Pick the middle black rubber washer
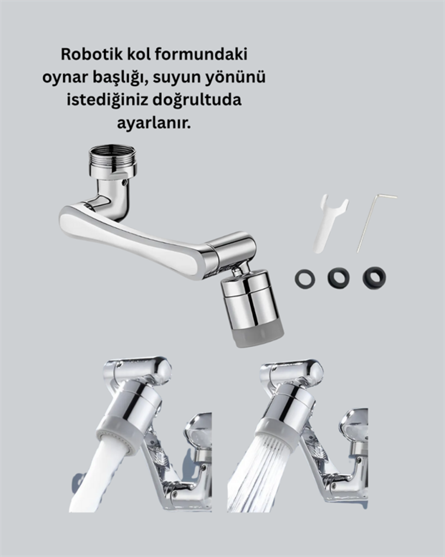click(x=339, y=276)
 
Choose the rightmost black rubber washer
click(x=375, y=277)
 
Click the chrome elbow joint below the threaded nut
click(x=112, y=196)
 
